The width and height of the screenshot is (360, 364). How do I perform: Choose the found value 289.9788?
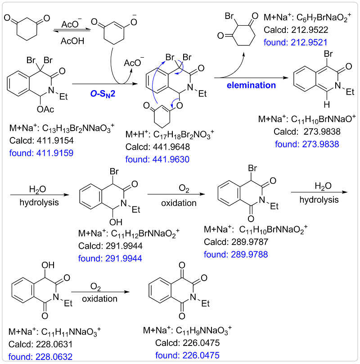coord(235,255)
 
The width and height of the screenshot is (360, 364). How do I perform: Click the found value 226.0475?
coord(187,355)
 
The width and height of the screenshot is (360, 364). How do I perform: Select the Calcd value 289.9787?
coord(236,243)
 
